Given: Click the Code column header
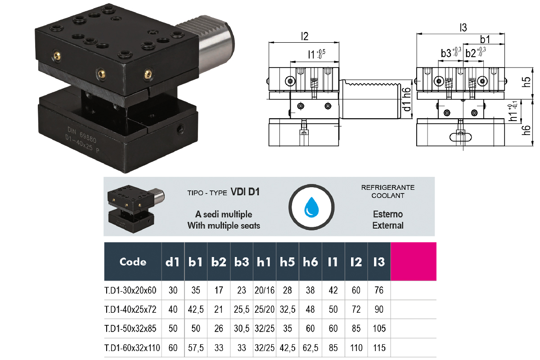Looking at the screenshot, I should click(x=133, y=261).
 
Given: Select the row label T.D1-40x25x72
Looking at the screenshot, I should click(x=130, y=309).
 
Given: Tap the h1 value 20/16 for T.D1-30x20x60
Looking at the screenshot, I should click(x=265, y=290).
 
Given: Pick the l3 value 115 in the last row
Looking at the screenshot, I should click(x=379, y=348).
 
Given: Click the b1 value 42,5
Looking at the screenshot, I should click(x=196, y=309).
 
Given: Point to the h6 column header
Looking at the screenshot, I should click(x=310, y=261).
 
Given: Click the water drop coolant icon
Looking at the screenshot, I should click(x=311, y=207).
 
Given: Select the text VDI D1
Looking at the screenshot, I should click(x=246, y=192).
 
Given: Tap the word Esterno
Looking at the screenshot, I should click(x=387, y=214).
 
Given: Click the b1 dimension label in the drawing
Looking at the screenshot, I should click(x=485, y=40).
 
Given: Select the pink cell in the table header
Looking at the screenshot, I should click(x=414, y=261).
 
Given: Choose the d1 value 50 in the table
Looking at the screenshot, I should click(x=173, y=328).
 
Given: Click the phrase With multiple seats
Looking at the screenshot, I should click(x=224, y=225).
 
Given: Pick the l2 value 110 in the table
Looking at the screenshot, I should click(x=356, y=348).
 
